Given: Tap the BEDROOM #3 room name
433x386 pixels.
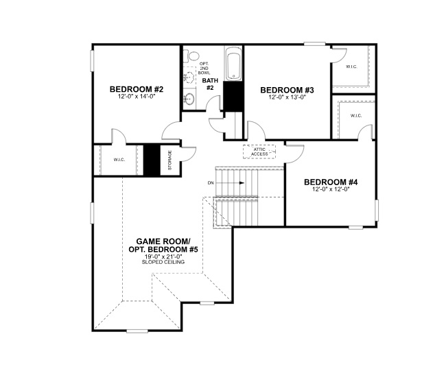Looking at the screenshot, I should pyautogui.click(x=287, y=90).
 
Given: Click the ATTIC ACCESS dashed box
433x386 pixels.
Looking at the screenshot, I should pyautogui.click(x=259, y=152).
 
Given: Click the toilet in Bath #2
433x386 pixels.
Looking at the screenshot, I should pyautogui.click(x=193, y=56).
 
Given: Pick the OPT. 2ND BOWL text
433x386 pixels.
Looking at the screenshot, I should pyautogui.click(x=204, y=68).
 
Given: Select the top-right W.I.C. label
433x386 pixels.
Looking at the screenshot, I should pyautogui.click(x=351, y=67).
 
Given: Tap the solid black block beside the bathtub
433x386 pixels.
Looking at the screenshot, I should pyautogui.click(x=234, y=94).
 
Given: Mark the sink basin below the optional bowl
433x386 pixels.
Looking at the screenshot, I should pyautogui.click(x=189, y=100).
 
